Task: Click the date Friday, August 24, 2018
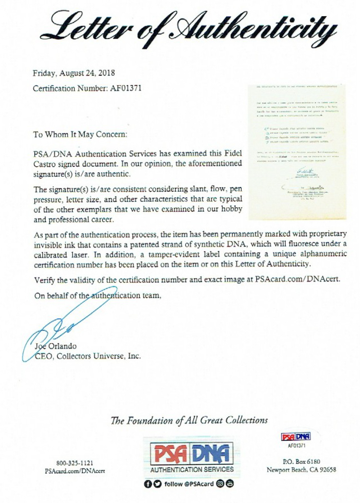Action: click(x=74, y=73)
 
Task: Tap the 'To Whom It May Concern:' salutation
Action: click(x=80, y=134)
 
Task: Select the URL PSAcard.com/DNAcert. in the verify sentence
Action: click(x=298, y=279)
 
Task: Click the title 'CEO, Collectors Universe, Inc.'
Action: click(x=88, y=356)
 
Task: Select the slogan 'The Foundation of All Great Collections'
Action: click(x=189, y=420)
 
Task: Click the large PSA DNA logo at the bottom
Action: click(x=192, y=454)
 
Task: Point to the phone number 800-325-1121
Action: click(x=75, y=463)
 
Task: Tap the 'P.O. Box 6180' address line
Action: click(x=301, y=462)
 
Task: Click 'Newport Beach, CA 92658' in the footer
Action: click(x=301, y=470)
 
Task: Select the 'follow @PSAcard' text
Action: click(x=189, y=484)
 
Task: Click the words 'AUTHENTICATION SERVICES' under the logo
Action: click(x=192, y=469)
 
